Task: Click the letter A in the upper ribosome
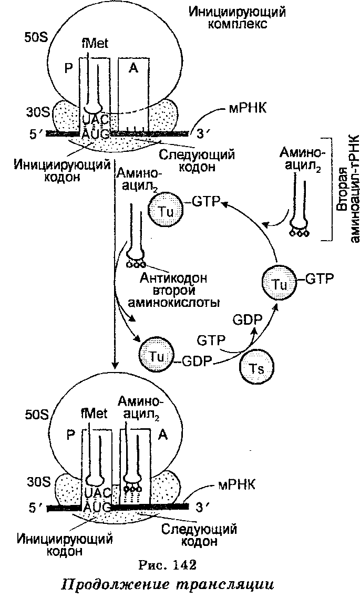(133, 70)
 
